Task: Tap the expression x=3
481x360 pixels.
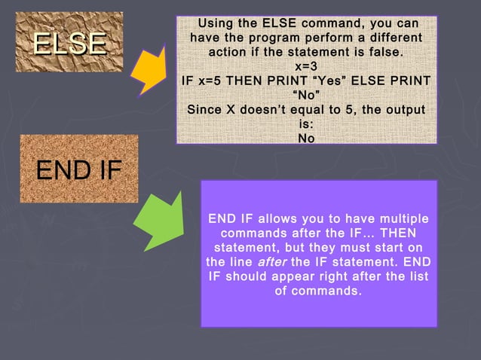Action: pyautogui.click(x=306, y=66)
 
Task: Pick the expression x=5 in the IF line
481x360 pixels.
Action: pyautogui.click(x=219, y=81)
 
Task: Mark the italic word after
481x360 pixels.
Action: pyautogui.click(x=272, y=262)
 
